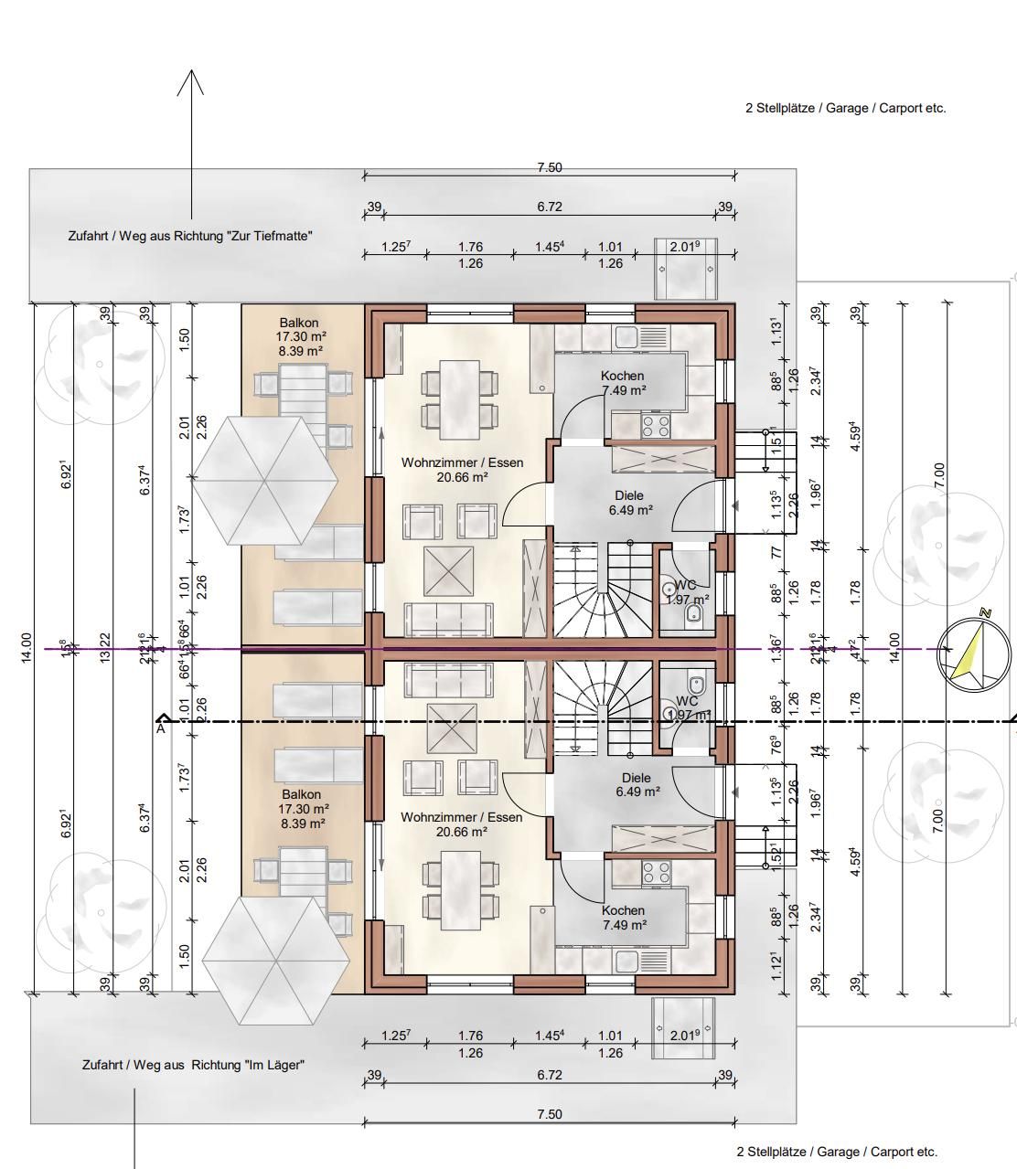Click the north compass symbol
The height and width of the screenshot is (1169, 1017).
(x=974, y=652)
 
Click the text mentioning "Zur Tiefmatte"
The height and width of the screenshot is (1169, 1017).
(x=190, y=236)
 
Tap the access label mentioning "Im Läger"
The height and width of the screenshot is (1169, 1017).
(x=193, y=1065)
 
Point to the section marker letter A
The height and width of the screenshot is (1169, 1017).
(x=161, y=728)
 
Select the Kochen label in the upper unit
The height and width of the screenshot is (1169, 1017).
(x=622, y=376)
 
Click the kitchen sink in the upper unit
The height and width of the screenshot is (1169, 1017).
(x=626, y=336)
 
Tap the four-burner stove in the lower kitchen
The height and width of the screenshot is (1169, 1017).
(x=655, y=873)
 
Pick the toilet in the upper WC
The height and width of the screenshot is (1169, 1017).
(x=695, y=611)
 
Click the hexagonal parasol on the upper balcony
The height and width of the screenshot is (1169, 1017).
(x=264, y=480)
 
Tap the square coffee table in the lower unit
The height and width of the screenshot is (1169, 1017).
(x=449, y=729)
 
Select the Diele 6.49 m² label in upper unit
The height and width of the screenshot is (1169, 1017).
(x=630, y=503)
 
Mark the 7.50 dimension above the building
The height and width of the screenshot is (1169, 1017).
(x=549, y=167)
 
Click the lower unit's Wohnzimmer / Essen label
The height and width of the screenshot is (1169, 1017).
(x=461, y=817)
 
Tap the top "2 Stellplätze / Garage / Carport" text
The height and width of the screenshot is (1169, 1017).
(x=845, y=108)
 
